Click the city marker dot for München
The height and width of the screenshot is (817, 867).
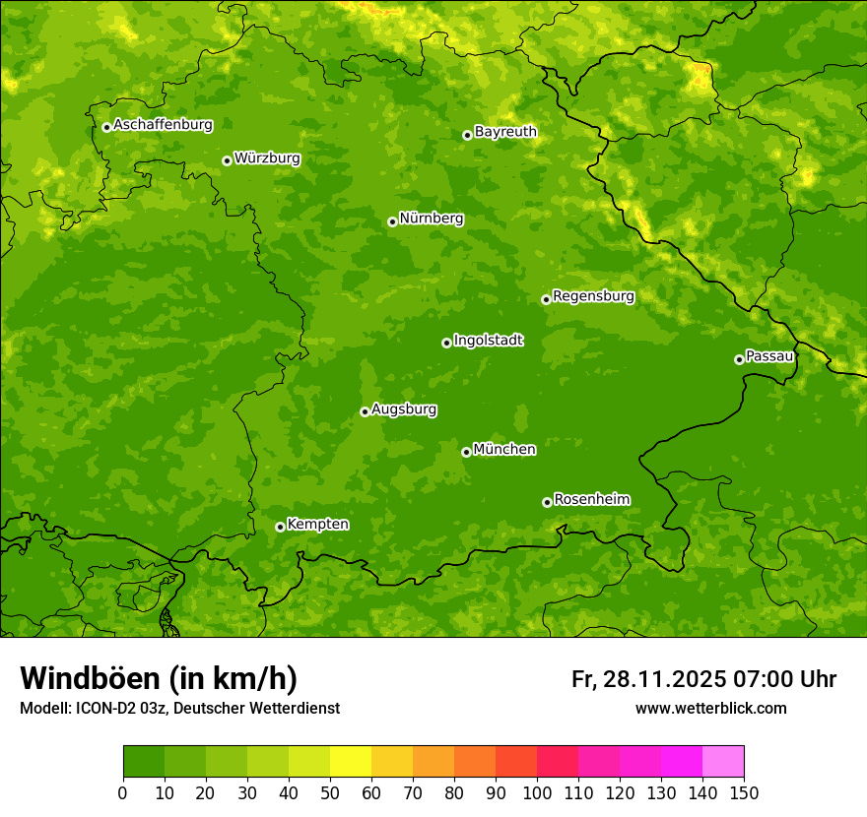466,452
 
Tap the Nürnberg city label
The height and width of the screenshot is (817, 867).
431,219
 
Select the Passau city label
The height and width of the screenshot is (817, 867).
769,356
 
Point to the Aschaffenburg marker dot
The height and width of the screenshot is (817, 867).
106,127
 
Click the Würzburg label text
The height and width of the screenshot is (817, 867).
267,158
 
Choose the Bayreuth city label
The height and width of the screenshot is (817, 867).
505,132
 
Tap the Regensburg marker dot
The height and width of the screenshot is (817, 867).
546,299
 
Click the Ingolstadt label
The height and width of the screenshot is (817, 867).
488,341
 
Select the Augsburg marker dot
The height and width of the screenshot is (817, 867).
365,411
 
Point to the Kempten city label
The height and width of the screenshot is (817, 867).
317,525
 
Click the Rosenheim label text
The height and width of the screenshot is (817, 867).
591,500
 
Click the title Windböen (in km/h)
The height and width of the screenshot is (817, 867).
159,678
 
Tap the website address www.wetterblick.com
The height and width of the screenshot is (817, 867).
710,709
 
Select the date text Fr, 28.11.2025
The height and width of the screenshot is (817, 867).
648,679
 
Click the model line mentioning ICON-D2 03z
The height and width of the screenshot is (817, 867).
179,709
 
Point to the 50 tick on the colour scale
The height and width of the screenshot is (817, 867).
330,793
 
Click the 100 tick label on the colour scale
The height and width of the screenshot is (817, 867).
537,793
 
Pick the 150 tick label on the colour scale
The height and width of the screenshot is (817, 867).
744,793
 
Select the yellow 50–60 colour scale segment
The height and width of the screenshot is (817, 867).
351,762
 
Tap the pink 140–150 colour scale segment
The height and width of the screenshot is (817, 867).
723,762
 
